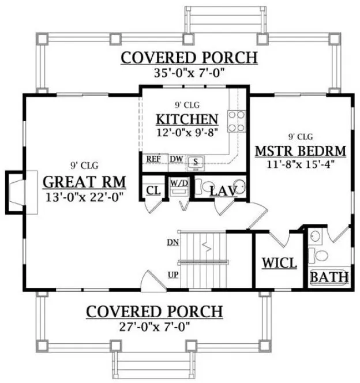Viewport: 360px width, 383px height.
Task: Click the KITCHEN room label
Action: (187, 119)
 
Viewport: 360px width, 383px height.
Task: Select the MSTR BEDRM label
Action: (300, 151)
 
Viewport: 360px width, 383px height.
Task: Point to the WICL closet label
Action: (279, 263)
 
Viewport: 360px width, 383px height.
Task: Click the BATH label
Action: (329, 277)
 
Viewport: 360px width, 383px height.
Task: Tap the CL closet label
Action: (153, 190)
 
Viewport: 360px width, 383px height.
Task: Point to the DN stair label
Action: (172, 242)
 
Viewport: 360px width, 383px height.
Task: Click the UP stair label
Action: (172, 274)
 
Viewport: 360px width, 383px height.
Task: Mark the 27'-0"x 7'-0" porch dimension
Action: (154, 326)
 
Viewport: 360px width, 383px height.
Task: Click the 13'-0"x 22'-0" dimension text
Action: (85, 197)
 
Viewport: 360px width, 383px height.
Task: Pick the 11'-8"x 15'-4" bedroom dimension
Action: (300, 164)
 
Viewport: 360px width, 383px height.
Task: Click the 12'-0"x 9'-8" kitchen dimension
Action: (187, 133)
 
